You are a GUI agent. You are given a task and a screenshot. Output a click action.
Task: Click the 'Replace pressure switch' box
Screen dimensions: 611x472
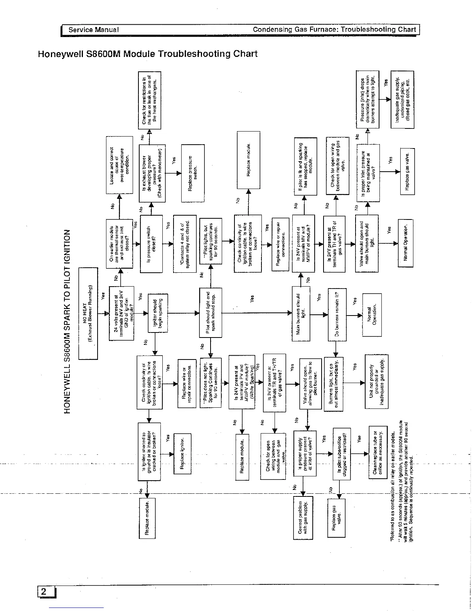[x=192, y=173]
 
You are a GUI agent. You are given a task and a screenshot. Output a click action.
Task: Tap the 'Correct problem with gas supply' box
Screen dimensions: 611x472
[x=303, y=517]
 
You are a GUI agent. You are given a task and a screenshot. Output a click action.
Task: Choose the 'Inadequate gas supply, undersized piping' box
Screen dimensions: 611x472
[x=402, y=100]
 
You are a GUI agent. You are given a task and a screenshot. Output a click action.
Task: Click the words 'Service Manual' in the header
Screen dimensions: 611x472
[x=93, y=30]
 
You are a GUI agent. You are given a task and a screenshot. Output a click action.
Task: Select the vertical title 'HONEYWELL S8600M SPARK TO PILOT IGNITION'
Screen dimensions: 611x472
[x=68, y=321]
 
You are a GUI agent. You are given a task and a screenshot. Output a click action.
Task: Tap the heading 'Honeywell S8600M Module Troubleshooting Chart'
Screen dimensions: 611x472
[x=147, y=54]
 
